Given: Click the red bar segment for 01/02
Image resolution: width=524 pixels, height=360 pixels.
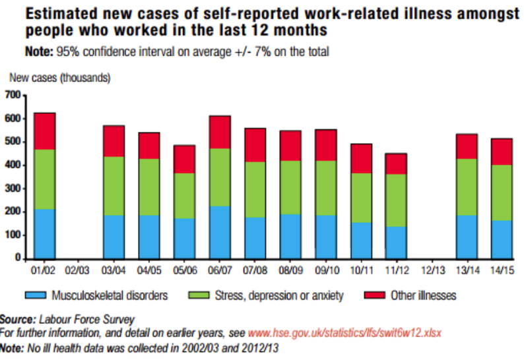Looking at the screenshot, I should pos(44,131).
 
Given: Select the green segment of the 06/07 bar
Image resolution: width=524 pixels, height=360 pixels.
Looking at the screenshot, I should pos(220,177).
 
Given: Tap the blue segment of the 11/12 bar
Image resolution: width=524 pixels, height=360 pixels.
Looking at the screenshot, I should pos(396,241).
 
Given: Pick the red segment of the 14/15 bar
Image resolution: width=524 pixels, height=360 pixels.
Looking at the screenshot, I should pos(502,152).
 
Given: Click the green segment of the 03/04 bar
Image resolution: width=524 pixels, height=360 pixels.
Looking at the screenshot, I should pos(114,185).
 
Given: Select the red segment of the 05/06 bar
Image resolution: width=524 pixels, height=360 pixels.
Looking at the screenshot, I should pos(184,159).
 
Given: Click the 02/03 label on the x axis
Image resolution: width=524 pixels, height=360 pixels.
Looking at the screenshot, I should pos(79,270).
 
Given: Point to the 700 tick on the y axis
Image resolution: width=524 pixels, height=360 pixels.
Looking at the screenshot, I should pos(13,96).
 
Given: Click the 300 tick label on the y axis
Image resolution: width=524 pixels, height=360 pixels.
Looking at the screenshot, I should pos(13,189).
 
